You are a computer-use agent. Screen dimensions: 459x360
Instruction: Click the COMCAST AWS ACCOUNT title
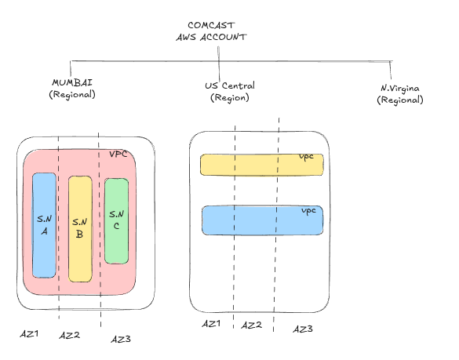(x=211, y=31)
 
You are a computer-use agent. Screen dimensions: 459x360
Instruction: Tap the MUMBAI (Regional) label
(x=72, y=89)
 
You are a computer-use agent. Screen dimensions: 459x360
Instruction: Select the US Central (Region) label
(x=230, y=91)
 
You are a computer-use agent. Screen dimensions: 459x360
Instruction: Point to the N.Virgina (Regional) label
(x=400, y=94)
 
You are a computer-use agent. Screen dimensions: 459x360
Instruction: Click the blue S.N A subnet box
(x=44, y=225)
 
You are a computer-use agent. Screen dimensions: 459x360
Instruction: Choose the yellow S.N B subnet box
(x=80, y=229)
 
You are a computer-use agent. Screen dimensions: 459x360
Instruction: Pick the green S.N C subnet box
(x=116, y=221)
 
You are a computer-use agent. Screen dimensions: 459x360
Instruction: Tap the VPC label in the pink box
(x=118, y=155)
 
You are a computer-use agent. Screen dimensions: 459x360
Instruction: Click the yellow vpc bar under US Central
(x=262, y=165)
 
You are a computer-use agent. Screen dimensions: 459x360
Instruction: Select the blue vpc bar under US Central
(x=263, y=220)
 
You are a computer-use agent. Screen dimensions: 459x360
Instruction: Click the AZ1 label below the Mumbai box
(x=29, y=333)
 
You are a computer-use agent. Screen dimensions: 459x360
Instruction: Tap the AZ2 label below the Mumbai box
(x=69, y=335)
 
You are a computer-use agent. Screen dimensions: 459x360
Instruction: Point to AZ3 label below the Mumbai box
(x=121, y=340)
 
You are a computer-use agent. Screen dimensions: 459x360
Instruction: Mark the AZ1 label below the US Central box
(x=211, y=324)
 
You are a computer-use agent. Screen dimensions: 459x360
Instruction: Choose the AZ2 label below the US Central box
(x=251, y=325)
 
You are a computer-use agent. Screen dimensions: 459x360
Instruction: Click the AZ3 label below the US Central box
(x=303, y=329)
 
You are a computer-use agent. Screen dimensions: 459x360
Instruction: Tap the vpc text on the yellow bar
(x=307, y=157)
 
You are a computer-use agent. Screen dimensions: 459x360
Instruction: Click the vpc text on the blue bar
(x=308, y=211)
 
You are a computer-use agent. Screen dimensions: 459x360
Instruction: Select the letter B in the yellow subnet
(x=79, y=234)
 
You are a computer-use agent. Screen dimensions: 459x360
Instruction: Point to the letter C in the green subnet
(x=116, y=226)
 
